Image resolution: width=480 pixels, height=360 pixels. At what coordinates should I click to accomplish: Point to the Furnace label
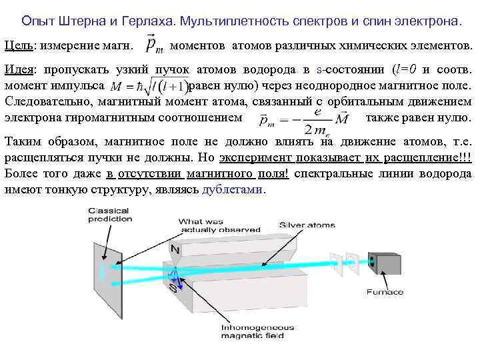pos(385,292)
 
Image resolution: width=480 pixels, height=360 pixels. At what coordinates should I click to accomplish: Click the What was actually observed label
pos(206,225)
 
